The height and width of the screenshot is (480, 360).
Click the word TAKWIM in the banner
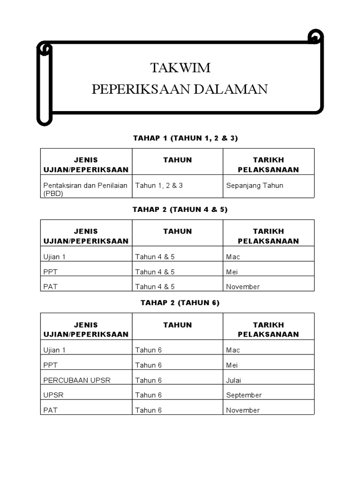(x=180, y=68)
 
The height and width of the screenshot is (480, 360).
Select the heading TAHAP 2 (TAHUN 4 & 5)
(x=180, y=210)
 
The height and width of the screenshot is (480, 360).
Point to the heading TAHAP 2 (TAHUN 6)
(x=180, y=303)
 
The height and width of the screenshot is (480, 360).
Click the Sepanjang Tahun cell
(x=255, y=186)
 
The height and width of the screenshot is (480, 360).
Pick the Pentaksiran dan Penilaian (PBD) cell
(x=85, y=189)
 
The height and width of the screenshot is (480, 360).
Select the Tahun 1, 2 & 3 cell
(x=159, y=186)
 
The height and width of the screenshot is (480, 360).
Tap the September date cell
(x=244, y=395)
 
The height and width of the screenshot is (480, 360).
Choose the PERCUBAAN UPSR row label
(x=77, y=380)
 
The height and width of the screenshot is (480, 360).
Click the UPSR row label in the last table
(x=53, y=395)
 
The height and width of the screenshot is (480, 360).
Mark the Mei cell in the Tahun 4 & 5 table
(x=232, y=272)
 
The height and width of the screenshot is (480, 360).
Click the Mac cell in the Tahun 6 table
(x=233, y=350)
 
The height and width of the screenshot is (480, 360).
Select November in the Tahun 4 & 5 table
(x=243, y=287)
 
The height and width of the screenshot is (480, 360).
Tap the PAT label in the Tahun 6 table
(x=50, y=410)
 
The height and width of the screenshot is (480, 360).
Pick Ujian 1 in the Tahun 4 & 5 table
(x=54, y=257)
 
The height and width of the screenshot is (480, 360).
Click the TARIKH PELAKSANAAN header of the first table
(x=268, y=165)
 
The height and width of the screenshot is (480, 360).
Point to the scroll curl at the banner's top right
(x=315, y=37)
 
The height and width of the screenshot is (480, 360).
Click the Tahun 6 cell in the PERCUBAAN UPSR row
(x=149, y=380)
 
